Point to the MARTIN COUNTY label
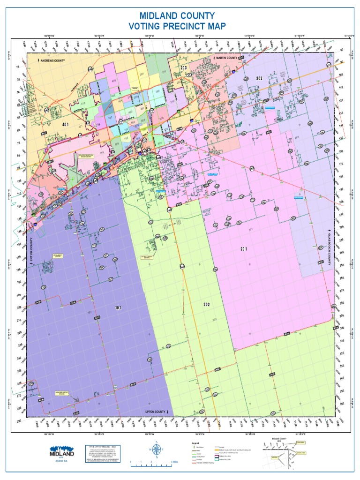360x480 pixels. tap(226, 58)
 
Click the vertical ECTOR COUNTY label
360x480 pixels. tap(31, 250)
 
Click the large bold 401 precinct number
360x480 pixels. tap(66, 124)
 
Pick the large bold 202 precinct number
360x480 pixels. tap(259, 78)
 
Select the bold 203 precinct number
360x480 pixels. tap(184, 68)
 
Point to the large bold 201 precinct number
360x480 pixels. tap(244, 248)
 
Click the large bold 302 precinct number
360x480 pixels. tap(207, 305)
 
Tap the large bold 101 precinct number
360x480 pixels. tap(119, 308)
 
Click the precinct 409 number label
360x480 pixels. tap(113, 81)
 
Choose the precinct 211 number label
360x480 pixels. tap(164, 72)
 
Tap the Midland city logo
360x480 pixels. tap(62, 452)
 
